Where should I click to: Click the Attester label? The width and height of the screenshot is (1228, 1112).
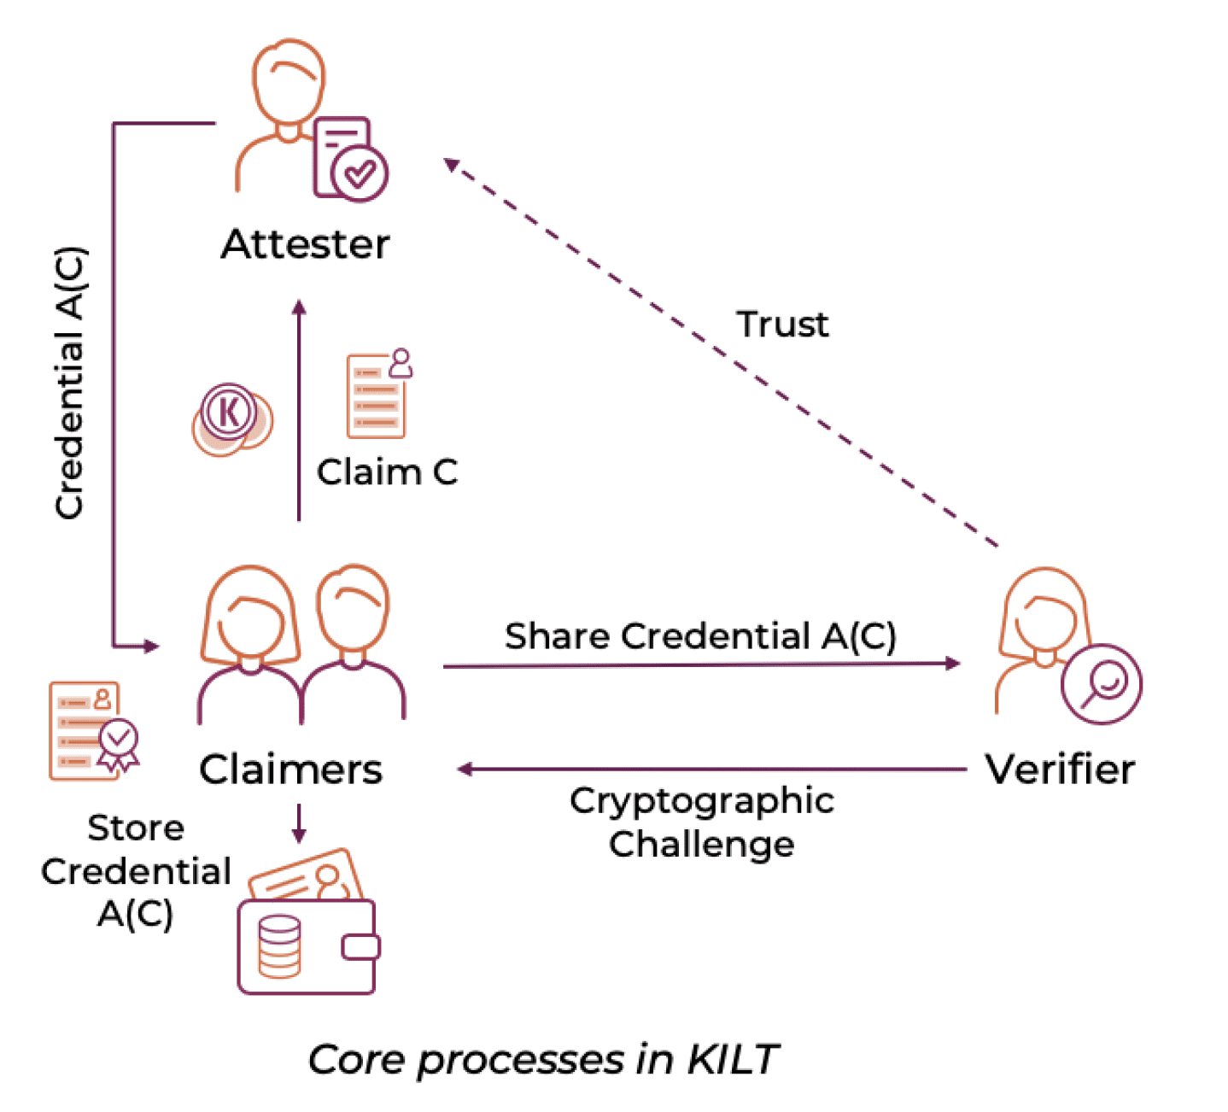[305, 245]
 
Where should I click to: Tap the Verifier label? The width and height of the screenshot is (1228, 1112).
[1060, 769]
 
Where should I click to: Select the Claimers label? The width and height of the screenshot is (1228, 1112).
[290, 769]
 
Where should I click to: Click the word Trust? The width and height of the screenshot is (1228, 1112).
[782, 325]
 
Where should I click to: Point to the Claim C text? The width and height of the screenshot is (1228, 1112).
[387, 471]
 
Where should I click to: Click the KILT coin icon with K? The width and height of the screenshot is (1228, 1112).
[230, 414]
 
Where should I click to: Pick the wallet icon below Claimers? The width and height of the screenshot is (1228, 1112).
[307, 939]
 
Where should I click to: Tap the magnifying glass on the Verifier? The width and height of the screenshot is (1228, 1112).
[1102, 683]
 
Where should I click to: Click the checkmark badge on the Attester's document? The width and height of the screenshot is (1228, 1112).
[360, 173]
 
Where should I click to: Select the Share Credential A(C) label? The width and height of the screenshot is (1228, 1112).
[700, 636]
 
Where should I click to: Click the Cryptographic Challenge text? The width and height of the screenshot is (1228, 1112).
[701, 822]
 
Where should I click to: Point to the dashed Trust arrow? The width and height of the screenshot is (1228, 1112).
[722, 354]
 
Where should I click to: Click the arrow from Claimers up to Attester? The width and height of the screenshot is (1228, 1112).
[299, 410]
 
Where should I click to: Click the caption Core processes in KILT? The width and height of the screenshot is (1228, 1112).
[543, 1060]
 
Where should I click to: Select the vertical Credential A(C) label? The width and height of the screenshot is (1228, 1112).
[70, 383]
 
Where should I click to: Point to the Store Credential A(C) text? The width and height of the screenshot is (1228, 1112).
[136, 870]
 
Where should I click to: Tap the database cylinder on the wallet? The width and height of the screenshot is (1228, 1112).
[279, 945]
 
